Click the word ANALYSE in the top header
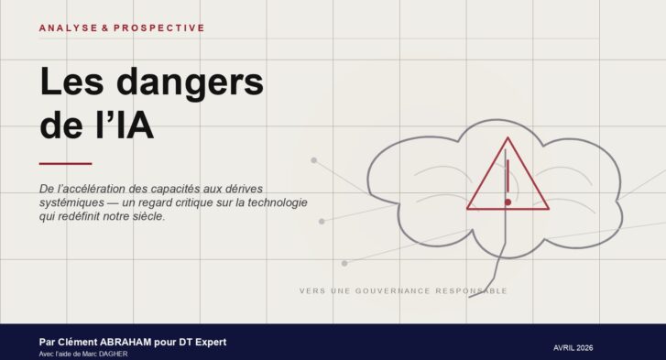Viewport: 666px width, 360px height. [x=66, y=28]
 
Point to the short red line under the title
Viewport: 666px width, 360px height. [x=65, y=164]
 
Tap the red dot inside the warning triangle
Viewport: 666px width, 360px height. [x=508, y=202]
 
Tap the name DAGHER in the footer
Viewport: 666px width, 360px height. [x=112, y=355]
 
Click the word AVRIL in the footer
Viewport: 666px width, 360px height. [x=569, y=348]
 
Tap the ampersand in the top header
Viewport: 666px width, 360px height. [x=104, y=28]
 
